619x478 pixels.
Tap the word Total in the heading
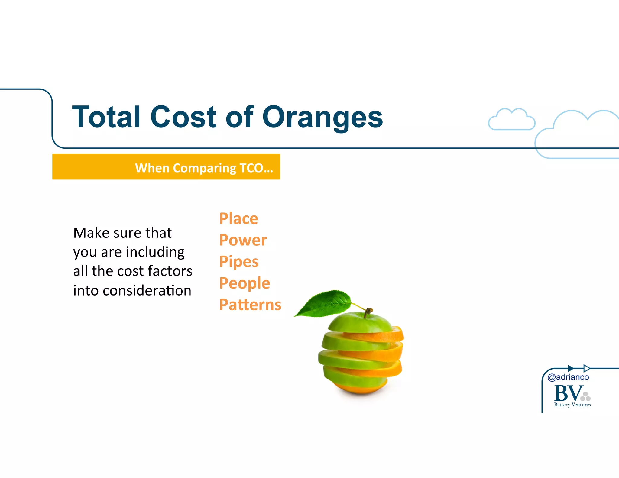[106, 117]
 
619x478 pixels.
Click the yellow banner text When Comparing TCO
[204, 168]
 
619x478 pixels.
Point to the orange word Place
[238, 218]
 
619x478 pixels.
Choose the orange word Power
[243, 240]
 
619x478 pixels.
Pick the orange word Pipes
[239, 262]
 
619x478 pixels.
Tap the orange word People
[245, 283]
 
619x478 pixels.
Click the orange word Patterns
[250, 305]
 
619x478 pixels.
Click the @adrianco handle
[568, 377]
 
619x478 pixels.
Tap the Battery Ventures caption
[572, 405]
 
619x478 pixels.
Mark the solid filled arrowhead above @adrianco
[570, 368]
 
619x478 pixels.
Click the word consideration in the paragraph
[147, 291]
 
